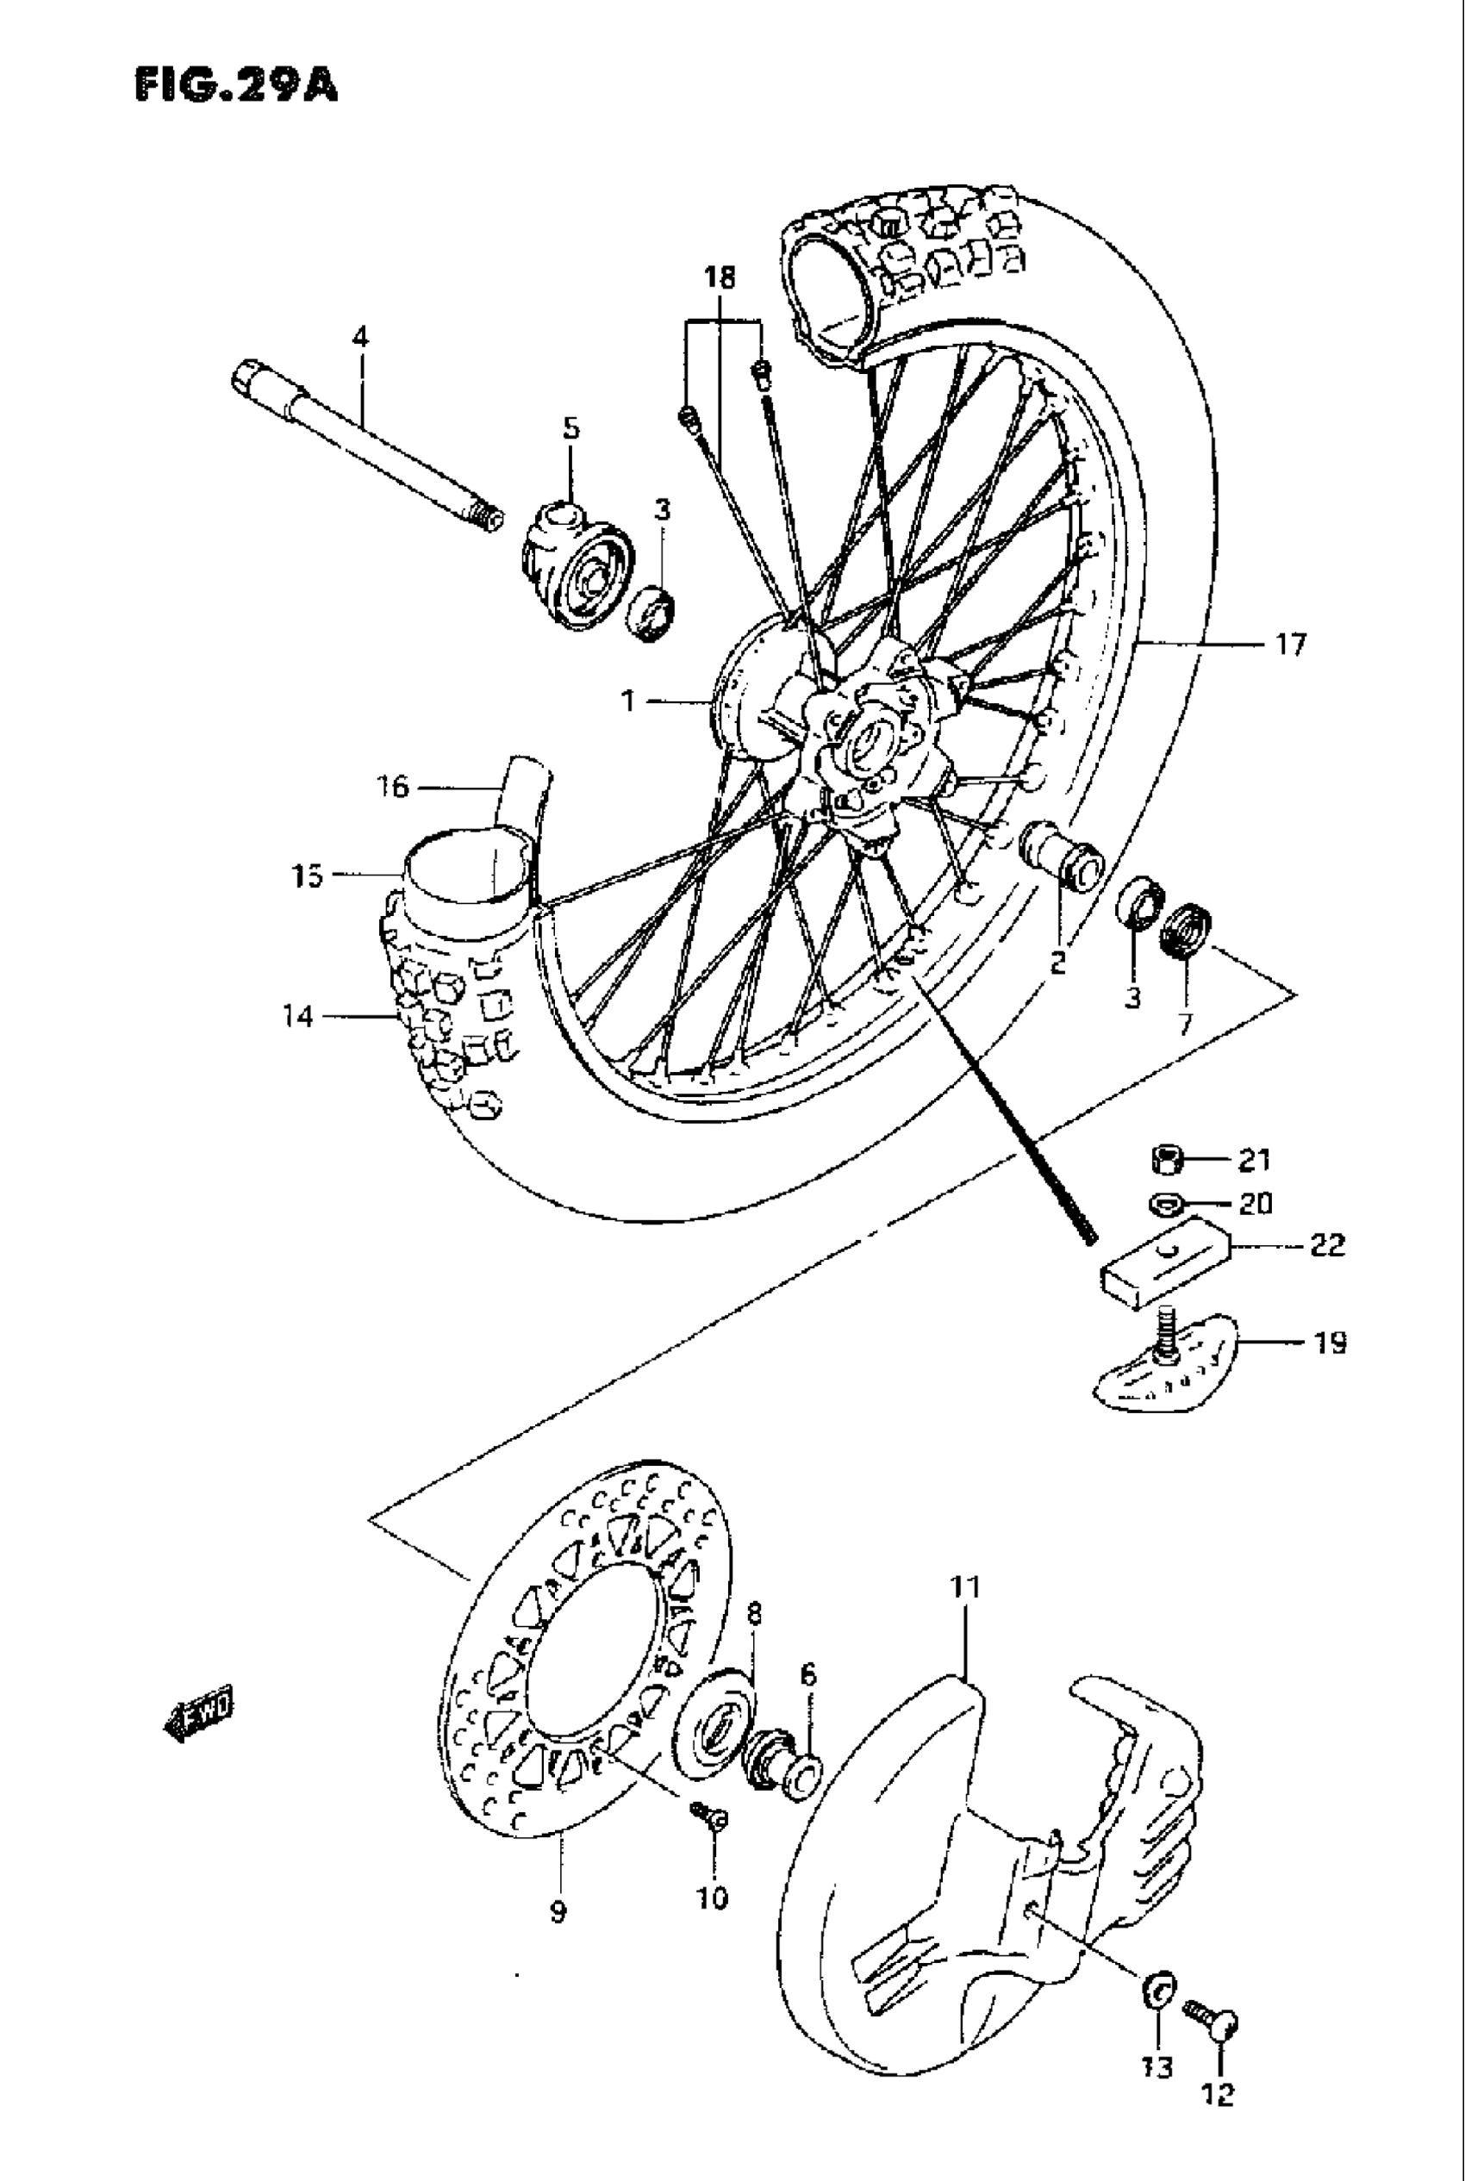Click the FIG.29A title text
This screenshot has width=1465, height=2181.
[236, 85]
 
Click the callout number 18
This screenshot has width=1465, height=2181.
[720, 277]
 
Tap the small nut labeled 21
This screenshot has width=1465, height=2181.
[1166, 1161]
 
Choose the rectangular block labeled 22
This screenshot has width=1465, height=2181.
[1163, 1259]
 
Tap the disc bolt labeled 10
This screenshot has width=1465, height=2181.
[711, 1815]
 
